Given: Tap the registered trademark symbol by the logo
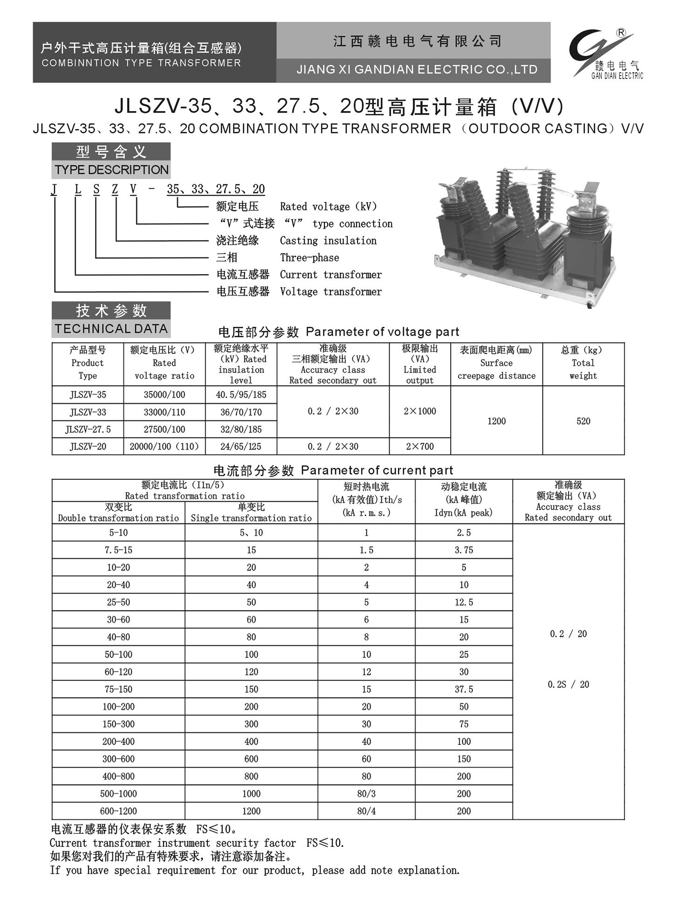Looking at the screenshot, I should [621, 33].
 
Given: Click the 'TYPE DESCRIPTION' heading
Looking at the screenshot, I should [111, 169].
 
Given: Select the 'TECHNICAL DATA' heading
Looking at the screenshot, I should [111, 329].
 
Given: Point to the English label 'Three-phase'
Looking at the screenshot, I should [309, 258].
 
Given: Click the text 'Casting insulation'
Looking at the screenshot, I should [328, 241].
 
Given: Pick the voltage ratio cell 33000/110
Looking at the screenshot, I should [164, 412].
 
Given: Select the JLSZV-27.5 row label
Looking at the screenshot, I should [88, 429].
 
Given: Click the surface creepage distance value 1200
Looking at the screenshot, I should [496, 421].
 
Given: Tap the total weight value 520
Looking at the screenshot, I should [583, 421].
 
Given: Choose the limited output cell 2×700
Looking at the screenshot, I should [419, 446].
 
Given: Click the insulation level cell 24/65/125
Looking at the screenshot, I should [240, 446].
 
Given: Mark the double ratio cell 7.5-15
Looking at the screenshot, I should [118, 550].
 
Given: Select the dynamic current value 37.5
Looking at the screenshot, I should [464, 689].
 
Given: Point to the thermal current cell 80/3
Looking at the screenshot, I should [366, 794].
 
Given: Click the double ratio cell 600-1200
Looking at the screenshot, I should [118, 811].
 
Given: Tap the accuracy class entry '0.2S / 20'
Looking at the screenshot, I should [568, 684].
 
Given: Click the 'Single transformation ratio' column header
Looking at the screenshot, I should [251, 518].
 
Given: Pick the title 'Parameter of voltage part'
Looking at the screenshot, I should [382, 332].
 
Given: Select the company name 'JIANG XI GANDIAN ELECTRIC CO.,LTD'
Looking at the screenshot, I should [417, 70].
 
